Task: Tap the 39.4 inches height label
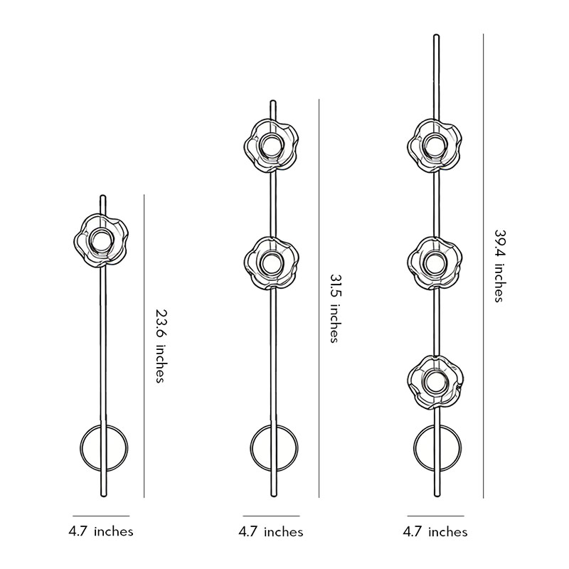click(499, 265)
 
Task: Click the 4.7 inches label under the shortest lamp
click(101, 531)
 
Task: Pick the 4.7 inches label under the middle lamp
click(271, 531)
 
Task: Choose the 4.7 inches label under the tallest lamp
click(435, 531)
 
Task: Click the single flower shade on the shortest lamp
click(102, 240)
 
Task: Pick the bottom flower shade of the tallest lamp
click(435, 383)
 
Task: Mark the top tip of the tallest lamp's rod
click(435, 36)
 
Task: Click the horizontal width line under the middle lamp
click(271, 516)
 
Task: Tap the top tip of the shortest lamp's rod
click(102, 196)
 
